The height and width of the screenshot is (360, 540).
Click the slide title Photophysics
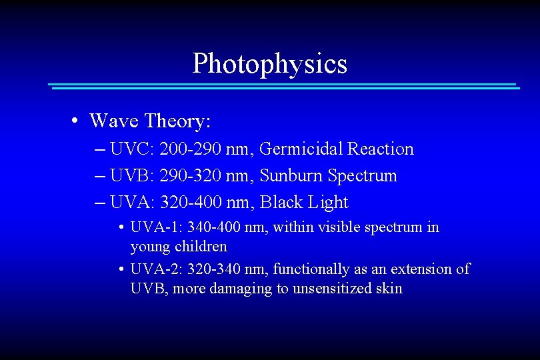point(269,64)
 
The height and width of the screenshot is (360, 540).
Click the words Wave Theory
point(150,121)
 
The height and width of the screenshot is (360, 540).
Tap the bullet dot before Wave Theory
point(77,121)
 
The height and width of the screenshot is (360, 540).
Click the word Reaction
point(382,149)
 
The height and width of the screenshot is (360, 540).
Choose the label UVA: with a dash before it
point(133,202)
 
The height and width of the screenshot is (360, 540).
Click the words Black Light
point(304,202)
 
